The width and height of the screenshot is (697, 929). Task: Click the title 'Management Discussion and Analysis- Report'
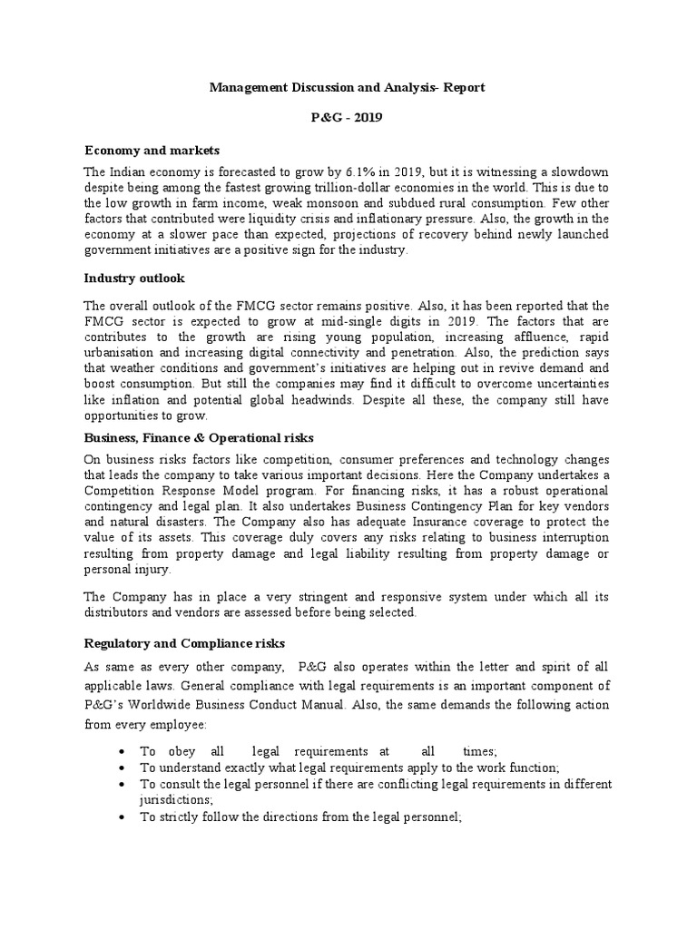[348, 88]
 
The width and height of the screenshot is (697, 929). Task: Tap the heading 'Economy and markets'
[152, 150]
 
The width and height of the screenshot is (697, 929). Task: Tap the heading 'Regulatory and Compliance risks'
[185, 643]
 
